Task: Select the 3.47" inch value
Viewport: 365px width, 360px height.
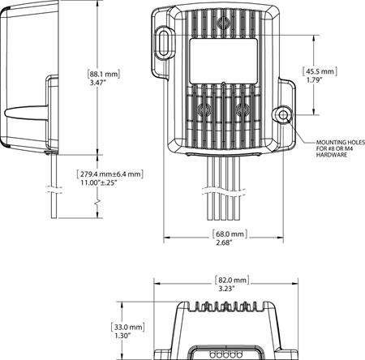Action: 101,84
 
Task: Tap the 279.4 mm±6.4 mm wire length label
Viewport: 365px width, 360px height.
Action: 109,174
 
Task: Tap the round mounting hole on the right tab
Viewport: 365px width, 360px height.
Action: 281,115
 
